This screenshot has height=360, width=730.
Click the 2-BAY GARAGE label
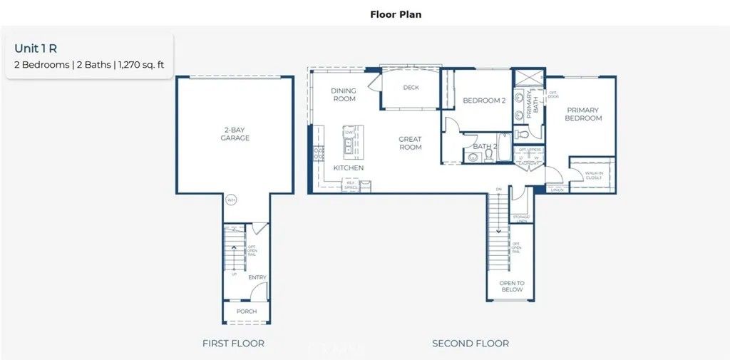(x=235, y=134)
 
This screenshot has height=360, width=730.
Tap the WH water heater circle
(x=231, y=200)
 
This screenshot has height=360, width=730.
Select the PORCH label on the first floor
(x=247, y=312)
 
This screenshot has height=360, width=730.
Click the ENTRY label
(x=257, y=277)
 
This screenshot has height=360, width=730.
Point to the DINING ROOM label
(x=344, y=95)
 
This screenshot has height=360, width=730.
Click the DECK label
(x=411, y=88)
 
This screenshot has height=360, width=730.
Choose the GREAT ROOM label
(x=410, y=143)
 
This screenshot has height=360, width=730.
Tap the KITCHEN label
(x=349, y=168)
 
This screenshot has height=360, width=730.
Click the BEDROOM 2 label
(x=484, y=101)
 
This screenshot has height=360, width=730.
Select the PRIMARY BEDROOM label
(x=583, y=114)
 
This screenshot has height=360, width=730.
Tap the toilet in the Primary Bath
(x=520, y=133)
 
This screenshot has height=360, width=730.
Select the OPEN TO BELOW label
(x=512, y=287)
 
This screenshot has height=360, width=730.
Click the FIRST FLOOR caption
(x=233, y=344)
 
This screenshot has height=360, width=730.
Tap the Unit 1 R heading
(x=36, y=48)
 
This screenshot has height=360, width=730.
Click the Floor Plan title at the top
(x=396, y=14)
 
